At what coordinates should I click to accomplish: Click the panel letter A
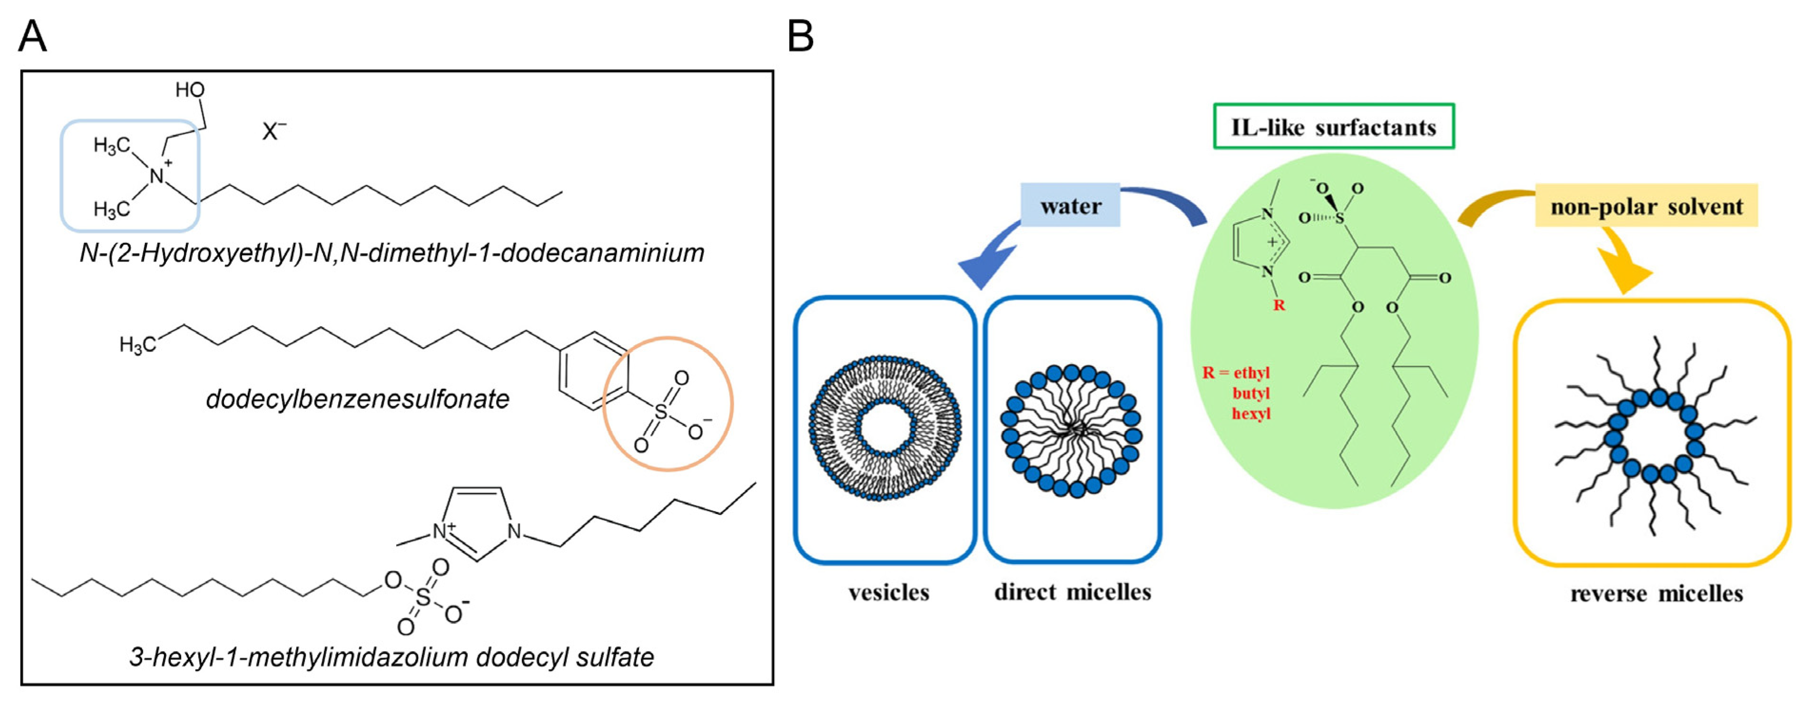click(x=32, y=37)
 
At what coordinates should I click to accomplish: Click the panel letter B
click(x=801, y=37)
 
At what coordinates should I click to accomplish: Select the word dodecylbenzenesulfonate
click(x=357, y=399)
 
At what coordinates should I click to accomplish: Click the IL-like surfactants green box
click(x=1333, y=127)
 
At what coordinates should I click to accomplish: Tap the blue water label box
click(x=1070, y=205)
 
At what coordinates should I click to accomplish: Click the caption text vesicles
click(x=889, y=593)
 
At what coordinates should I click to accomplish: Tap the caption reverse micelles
click(x=1656, y=594)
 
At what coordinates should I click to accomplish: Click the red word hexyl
click(x=1251, y=413)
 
